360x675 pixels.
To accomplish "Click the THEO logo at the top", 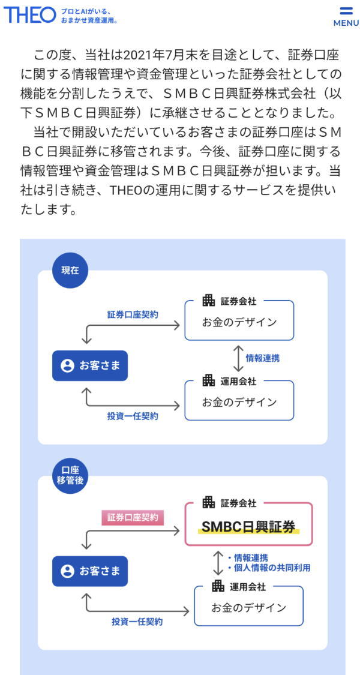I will [x=29, y=15].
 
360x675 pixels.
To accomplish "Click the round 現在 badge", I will [x=70, y=270].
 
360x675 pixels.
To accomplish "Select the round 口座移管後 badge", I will [x=70, y=475].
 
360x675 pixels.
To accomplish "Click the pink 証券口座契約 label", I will [x=132, y=517].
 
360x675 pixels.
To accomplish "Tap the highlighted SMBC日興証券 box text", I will [x=248, y=527].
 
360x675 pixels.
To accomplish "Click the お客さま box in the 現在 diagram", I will [x=90, y=365].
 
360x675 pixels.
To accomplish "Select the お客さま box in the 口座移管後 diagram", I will [x=90, y=571].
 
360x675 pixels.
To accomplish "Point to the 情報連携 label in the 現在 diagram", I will [x=262, y=358].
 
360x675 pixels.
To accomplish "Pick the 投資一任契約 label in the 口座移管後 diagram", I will [x=137, y=622].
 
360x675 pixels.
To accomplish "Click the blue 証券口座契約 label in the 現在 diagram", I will [x=133, y=314].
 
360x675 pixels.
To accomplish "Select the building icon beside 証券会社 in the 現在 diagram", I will [x=208, y=301].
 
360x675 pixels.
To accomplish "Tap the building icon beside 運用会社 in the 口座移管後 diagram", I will [x=218, y=586].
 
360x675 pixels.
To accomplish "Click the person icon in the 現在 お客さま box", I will [x=67, y=365].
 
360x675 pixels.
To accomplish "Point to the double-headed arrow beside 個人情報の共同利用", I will [x=218, y=562].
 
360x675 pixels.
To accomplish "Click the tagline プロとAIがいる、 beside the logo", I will [x=86, y=11].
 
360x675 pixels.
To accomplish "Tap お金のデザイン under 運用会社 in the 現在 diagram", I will [x=239, y=401].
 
